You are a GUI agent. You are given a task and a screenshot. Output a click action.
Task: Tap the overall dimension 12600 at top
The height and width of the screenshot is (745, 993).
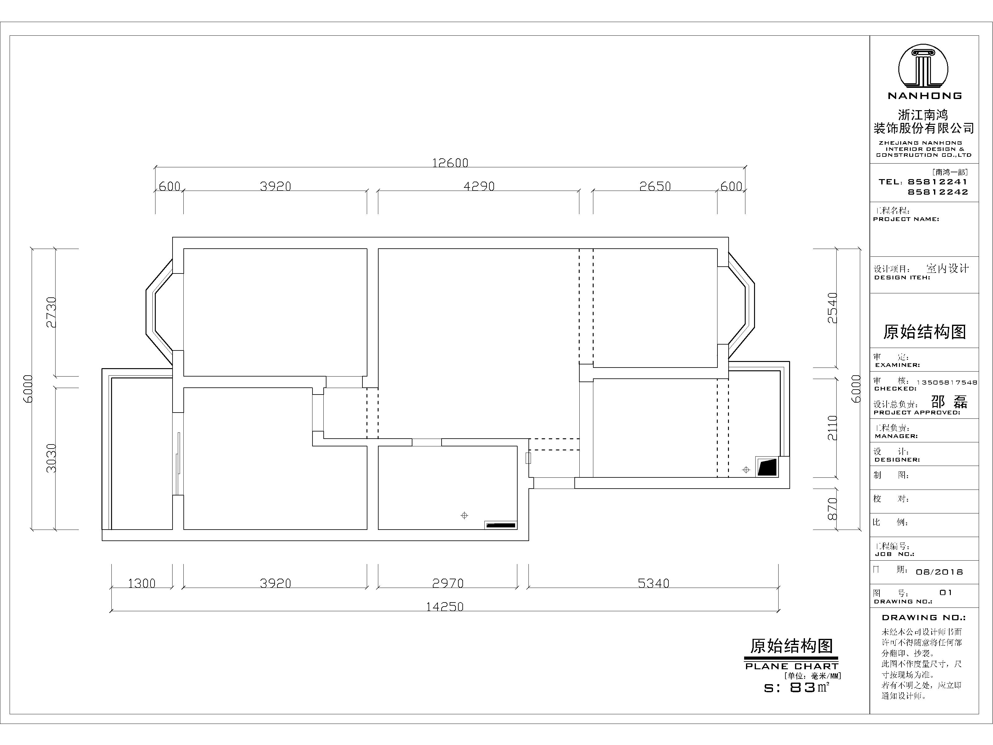[450, 163]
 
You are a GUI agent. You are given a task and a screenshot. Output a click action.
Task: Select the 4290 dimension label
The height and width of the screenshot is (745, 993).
[479, 186]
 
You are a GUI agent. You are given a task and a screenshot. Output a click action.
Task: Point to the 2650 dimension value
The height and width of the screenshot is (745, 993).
[655, 186]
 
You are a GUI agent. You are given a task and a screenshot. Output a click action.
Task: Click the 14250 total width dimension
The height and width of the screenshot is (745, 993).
[444, 607]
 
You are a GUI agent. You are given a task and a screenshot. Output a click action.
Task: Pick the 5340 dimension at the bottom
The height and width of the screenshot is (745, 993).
[653, 583]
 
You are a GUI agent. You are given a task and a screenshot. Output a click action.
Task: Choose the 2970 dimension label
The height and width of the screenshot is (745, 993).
[447, 583]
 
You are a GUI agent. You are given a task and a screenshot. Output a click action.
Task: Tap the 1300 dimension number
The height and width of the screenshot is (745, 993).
[142, 583]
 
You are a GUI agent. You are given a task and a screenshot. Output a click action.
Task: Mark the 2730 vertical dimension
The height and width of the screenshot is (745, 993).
[51, 312]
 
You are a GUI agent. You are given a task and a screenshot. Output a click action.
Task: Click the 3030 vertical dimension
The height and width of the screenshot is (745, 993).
[51, 458]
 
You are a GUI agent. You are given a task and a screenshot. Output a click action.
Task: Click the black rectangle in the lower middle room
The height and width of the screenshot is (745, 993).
[501, 525]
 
